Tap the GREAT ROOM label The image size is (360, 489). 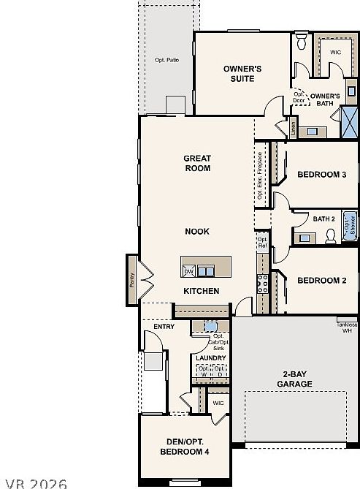(x=197, y=163)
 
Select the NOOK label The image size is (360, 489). (x=197, y=231)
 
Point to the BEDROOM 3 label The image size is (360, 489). (x=321, y=175)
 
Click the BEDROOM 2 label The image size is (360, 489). (x=321, y=281)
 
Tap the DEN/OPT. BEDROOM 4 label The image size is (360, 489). (x=185, y=447)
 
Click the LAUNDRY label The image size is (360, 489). (x=210, y=357)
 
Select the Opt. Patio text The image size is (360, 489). (x=166, y=60)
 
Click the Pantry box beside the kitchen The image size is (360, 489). (x=132, y=270)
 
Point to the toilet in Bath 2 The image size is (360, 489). (x=330, y=235)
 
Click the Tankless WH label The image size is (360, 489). (x=348, y=327)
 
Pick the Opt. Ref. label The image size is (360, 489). (x=262, y=242)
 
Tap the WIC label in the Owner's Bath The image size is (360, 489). (x=335, y=53)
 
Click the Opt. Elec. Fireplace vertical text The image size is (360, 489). (x=260, y=175)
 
